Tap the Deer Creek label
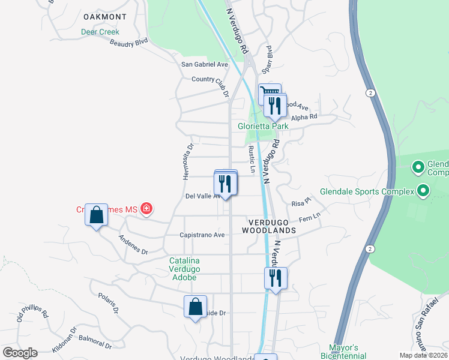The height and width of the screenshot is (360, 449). point(100,32)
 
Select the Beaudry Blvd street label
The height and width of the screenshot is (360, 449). point(128,43)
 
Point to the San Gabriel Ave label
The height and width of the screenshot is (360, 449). point(205,64)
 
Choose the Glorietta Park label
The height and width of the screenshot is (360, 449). point(263,127)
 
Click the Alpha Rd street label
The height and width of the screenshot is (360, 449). point(304,118)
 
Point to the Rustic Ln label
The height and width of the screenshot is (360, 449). point(252,161)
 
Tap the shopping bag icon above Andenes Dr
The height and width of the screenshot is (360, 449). point(97,215)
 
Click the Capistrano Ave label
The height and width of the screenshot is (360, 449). point(201,235)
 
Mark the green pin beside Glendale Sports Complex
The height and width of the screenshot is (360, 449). point(423,191)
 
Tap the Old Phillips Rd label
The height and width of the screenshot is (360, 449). point(32,316)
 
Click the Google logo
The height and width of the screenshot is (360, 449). point(20,353)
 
